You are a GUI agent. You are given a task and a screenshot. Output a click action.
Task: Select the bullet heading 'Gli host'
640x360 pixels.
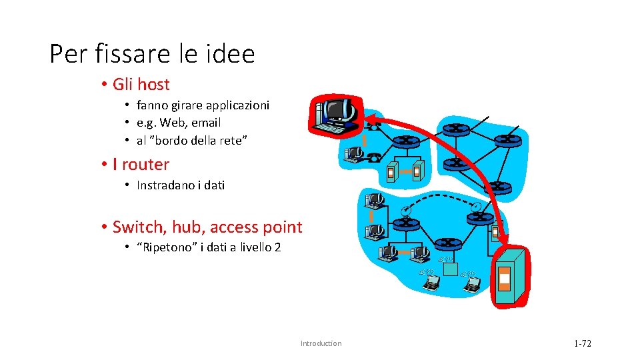[141, 85]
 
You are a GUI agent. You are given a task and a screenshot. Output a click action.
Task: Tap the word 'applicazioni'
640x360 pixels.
[238, 105]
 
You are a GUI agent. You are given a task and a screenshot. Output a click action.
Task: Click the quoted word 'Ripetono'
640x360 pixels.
[165, 247]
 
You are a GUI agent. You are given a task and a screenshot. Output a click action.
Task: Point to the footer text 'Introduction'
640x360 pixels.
[321, 343]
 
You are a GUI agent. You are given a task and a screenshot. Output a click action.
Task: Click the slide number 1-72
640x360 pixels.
[582, 343]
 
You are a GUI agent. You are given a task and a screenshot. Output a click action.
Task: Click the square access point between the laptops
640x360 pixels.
[451, 269]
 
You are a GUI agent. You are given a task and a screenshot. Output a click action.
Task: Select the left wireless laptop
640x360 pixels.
[432, 283]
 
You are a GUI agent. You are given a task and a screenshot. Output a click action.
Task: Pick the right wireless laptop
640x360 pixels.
[472, 283]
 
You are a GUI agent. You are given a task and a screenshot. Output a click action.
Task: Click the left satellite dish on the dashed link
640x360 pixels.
[405, 211]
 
